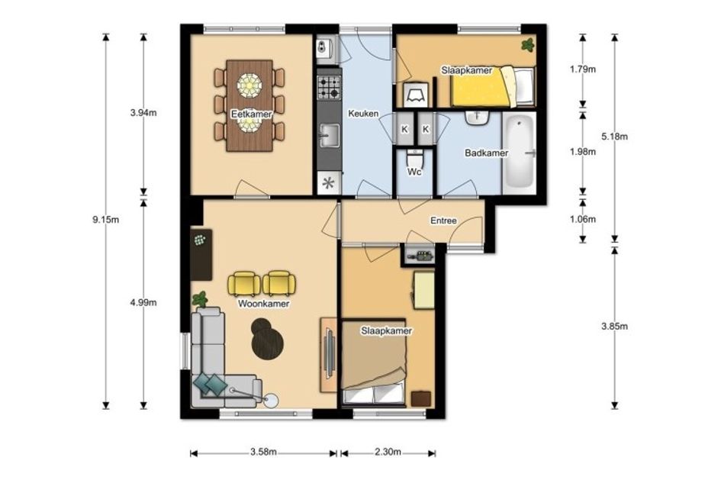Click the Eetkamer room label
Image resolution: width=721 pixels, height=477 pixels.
(x=252, y=114)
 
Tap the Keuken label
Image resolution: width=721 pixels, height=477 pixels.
(x=363, y=113)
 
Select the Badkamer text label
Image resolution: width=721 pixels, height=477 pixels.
(x=486, y=153)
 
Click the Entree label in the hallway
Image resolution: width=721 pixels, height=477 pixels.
(x=443, y=221)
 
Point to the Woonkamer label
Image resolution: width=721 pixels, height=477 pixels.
(x=263, y=304)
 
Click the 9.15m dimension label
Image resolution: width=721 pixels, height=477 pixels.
(x=106, y=220)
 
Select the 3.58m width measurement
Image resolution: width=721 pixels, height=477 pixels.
(x=263, y=452)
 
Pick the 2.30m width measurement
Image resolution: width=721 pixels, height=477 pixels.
(x=388, y=452)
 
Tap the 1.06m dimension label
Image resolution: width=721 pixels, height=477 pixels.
(x=583, y=219)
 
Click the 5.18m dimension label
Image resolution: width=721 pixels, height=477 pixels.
(x=614, y=137)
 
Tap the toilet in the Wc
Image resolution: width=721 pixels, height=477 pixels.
(x=415, y=159)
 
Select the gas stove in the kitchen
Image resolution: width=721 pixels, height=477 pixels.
(x=330, y=88)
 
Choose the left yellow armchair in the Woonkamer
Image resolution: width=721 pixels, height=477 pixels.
(x=243, y=283)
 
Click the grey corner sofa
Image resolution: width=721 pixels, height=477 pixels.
(x=217, y=363)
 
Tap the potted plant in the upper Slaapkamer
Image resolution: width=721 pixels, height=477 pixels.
(x=527, y=45)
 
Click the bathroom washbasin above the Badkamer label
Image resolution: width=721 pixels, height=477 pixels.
(x=477, y=118)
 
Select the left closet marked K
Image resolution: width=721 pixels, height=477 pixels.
(x=404, y=129)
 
